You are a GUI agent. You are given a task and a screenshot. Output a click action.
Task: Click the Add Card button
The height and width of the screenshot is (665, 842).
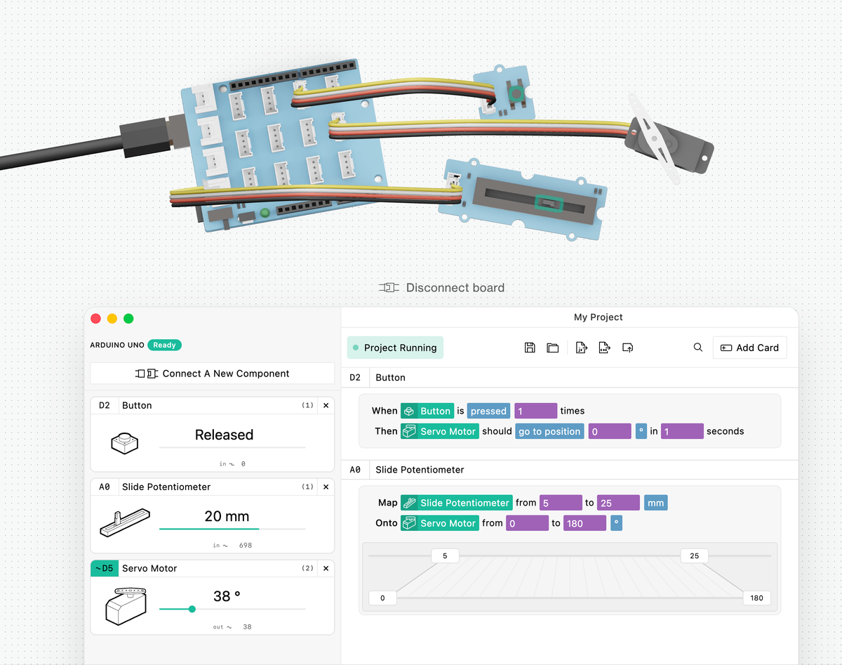(749, 348)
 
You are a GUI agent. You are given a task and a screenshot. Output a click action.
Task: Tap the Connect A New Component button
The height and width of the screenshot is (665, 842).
(212, 374)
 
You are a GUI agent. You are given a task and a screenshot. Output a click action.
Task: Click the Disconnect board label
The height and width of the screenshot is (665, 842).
(442, 287)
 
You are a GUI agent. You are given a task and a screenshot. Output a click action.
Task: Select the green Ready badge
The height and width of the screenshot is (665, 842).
(164, 345)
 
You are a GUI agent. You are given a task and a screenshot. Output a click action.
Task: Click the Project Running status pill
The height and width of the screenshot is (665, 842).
(395, 348)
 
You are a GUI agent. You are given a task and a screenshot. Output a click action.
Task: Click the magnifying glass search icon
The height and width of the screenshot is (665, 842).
(697, 348)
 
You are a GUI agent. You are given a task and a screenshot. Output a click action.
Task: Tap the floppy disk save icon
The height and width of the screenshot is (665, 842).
(530, 348)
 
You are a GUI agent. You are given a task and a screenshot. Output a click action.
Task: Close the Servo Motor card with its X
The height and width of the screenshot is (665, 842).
(326, 568)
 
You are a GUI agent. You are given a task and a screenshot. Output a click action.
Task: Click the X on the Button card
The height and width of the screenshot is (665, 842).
(326, 405)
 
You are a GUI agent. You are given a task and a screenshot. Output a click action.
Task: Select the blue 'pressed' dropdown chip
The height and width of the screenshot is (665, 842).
(488, 411)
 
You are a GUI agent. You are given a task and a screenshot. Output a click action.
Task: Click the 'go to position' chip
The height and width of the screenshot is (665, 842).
(549, 431)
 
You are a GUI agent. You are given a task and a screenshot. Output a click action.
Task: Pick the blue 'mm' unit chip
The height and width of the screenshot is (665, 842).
(656, 503)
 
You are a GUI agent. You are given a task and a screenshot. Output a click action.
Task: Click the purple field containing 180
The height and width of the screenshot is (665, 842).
(584, 523)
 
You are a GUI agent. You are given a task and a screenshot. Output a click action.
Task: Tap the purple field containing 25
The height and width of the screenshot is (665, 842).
(618, 503)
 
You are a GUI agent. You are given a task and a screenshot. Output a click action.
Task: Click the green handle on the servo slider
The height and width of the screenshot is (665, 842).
(192, 609)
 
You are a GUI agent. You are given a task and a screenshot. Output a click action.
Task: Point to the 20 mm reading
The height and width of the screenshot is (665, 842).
(227, 516)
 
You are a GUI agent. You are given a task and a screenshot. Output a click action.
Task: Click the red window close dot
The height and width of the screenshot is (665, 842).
(96, 318)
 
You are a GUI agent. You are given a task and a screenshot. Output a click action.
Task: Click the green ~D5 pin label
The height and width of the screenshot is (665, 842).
(104, 568)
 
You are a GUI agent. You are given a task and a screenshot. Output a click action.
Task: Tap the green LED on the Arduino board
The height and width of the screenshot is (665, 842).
(265, 213)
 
